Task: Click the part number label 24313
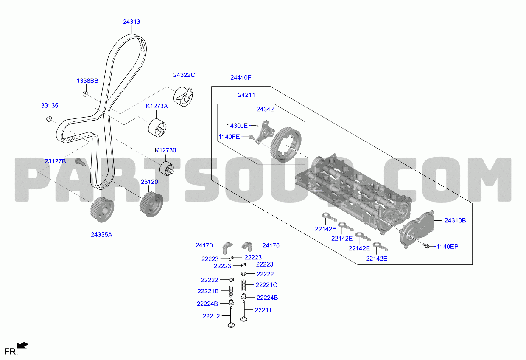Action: [131, 22]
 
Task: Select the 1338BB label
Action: [87, 81]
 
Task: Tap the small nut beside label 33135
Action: [49, 119]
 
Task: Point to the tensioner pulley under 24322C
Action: [183, 96]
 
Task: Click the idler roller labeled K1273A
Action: [157, 128]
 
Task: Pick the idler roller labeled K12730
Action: [167, 169]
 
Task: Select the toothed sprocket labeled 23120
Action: [151, 204]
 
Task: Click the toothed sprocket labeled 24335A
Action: [102, 210]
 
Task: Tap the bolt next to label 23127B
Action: [79, 162]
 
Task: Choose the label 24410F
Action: [241, 78]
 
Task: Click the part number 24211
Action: [246, 95]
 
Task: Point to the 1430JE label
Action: [237, 126]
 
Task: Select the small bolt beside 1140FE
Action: [252, 137]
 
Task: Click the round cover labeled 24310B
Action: [417, 229]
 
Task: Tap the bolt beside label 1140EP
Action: [426, 245]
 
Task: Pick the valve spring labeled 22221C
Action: [244, 285]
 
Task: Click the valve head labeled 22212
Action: [231, 325]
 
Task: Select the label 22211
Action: [263, 310]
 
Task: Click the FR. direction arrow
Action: [23, 345]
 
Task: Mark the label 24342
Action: [265, 109]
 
